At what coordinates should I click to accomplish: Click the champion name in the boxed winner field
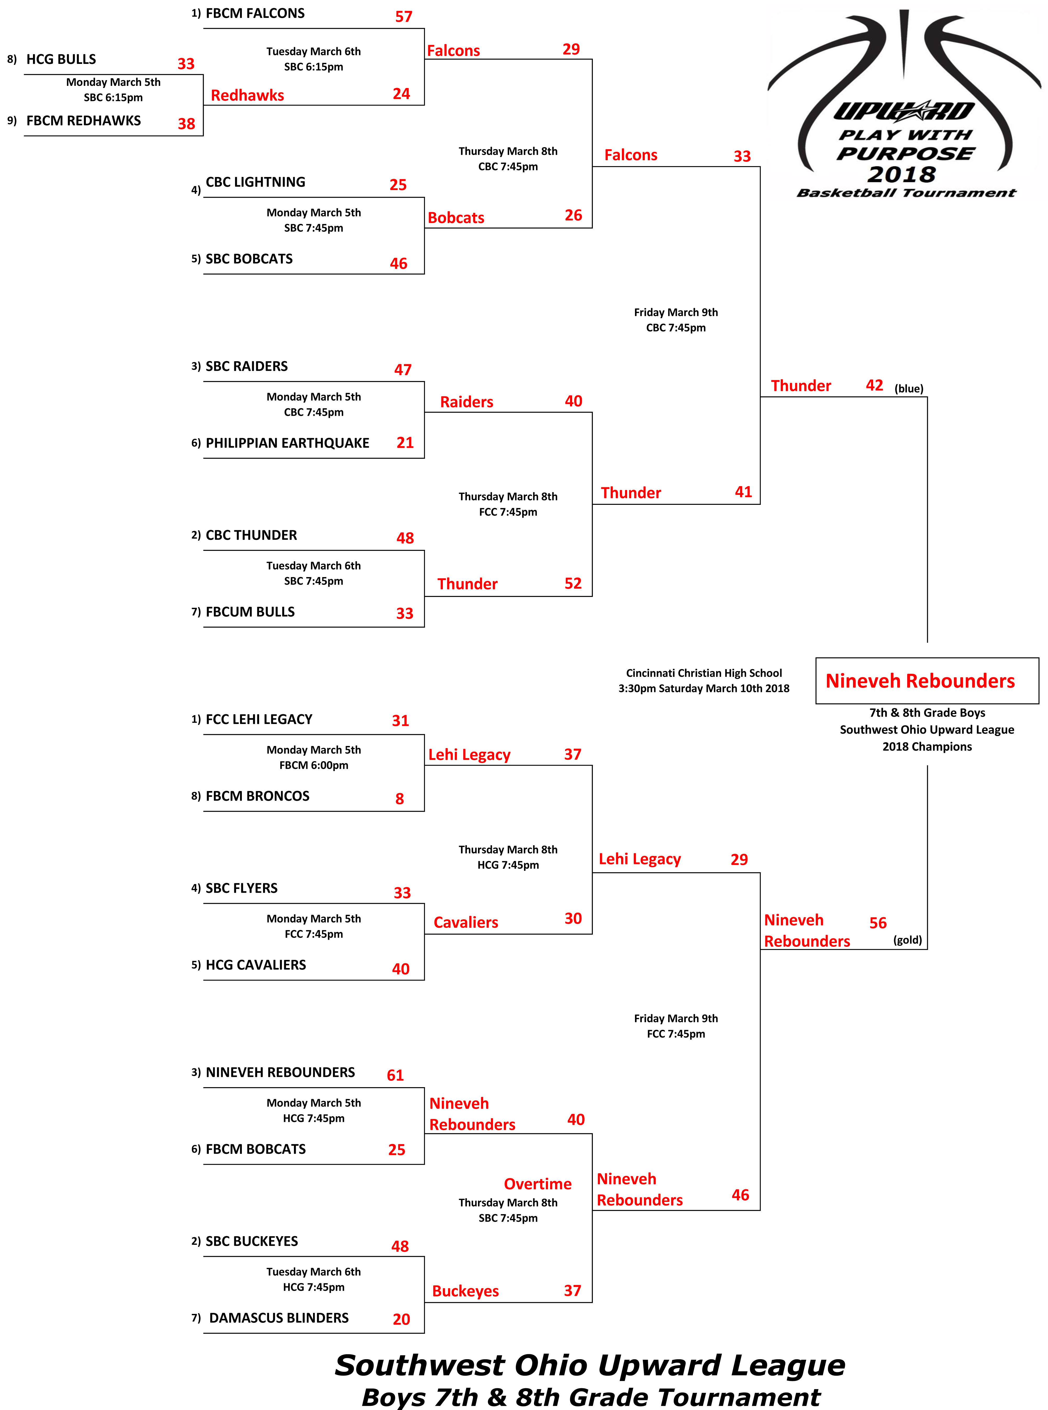tap(920, 681)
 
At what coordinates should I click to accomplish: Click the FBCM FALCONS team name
tap(255, 13)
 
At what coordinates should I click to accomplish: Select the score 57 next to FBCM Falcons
tap(403, 16)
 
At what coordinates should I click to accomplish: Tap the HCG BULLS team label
tap(61, 59)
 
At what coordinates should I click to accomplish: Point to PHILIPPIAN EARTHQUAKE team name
tap(287, 443)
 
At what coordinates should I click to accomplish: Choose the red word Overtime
tap(537, 1184)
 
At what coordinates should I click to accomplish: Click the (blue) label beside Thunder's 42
tap(908, 388)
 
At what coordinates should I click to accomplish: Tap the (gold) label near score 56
tap(907, 940)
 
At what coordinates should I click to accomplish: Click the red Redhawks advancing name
tap(247, 95)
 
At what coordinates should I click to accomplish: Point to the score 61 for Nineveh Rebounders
tap(395, 1075)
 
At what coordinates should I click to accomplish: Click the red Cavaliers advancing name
tap(466, 922)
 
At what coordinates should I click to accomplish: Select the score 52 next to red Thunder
tap(573, 583)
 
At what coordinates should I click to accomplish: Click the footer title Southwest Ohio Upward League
tap(590, 1365)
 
